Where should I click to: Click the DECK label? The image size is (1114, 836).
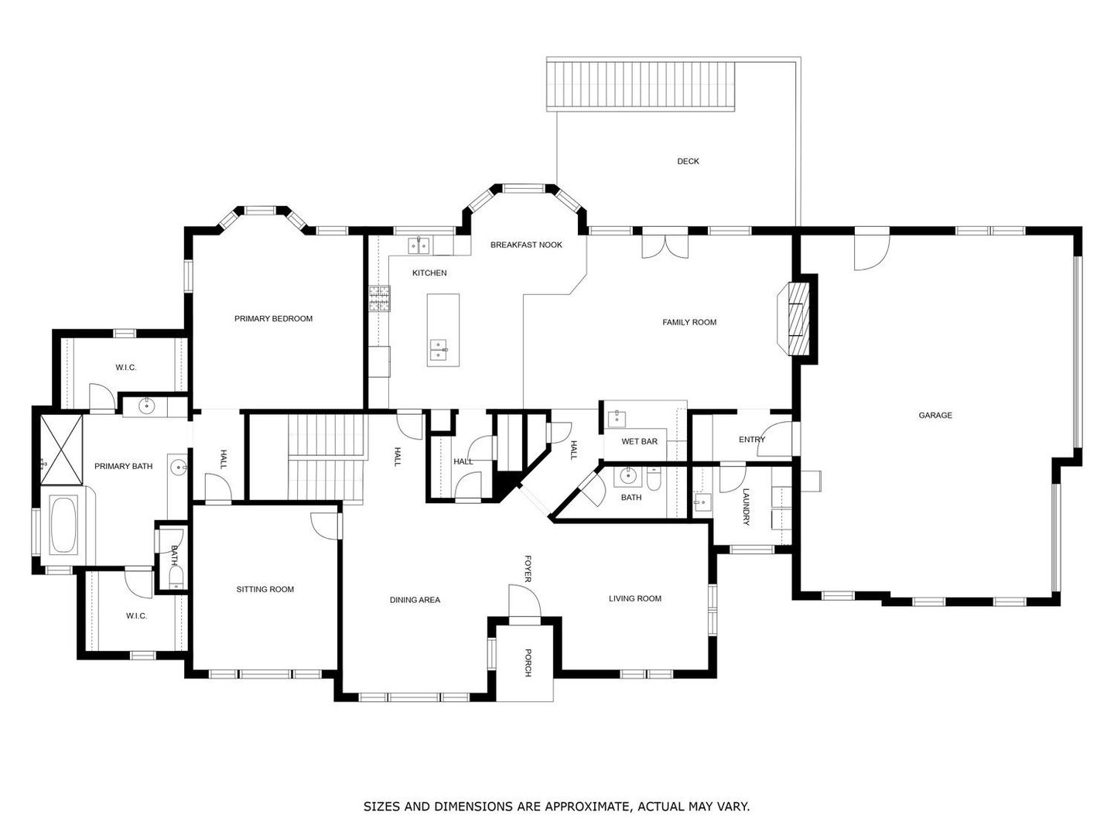pyautogui.click(x=688, y=162)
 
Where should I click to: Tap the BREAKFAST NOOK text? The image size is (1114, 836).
pyautogui.click(x=526, y=245)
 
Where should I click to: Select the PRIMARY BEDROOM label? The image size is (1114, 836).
pyautogui.click(x=273, y=319)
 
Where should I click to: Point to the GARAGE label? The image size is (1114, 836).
pyautogui.click(x=935, y=415)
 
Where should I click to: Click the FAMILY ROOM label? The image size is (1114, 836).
pyautogui.click(x=689, y=322)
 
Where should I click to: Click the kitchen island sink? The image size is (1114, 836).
pyautogui.click(x=438, y=349)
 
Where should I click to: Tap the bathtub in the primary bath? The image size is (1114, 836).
pyautogui.click(x=63, y=525)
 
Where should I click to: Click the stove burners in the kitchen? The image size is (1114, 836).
pyautogui.click(x=380, y=299)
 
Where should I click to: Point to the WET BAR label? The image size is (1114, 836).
pyautogui.click(x=639, y=441)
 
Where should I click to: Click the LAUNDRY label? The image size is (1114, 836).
pyautogui.click(x=746, y=506)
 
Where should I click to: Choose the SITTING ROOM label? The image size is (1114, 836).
pyautogui.click(x=265, y=589)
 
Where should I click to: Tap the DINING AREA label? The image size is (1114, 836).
pyautogui.click(x=415, y=600)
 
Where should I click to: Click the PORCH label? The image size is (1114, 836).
pyautogui.click(x=528, y=663)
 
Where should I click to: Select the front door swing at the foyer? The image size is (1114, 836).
pyautogui.click(x=525, y=602)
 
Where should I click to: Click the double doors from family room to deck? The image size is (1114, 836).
pyautogui.click(x=665, y=245)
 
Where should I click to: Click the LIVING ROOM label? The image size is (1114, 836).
pyautogui.click(x=635, y=598)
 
